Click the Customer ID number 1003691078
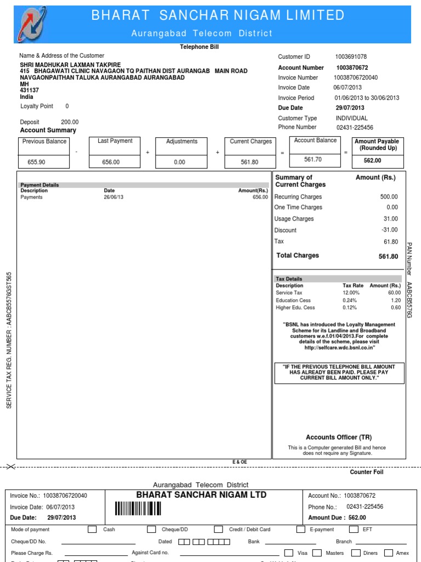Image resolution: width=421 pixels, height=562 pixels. click(x=351, y=57)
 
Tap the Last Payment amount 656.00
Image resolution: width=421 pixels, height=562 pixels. click(x=111, y=162)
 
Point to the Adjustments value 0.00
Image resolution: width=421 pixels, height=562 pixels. click(x=179, y=162)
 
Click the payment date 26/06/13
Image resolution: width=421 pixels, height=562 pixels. click(x=113, y=197)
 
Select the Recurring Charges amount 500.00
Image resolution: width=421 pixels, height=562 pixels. click(x=389, y=196)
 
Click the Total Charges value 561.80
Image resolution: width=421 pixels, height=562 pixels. click(x=388, y=256)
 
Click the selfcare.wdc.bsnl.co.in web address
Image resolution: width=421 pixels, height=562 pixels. click(x=340, y=348)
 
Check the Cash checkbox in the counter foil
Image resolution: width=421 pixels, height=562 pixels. click(x=92, y=530)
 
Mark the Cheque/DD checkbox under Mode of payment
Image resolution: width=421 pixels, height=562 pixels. click(x=151, y=530)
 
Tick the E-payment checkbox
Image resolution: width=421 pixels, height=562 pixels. click(x=300, y=530)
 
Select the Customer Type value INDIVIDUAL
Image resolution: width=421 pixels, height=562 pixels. click(x=351, y=118)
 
